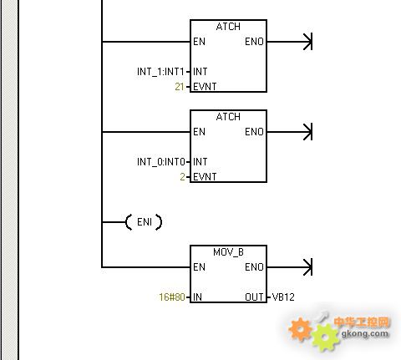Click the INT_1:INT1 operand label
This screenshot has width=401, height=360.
[x=160, y=72]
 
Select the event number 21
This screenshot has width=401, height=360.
[x=180, y=87]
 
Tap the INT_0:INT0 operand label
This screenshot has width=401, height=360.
[x=161, y=162]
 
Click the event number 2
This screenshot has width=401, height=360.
[x=182, y=177]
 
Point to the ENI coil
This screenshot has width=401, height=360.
[x=144, y=222]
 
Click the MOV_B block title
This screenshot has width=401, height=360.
[x=228, y=252]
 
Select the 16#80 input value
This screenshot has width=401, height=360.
[x=172, y=297]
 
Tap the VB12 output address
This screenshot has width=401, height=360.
[x=283, y=297]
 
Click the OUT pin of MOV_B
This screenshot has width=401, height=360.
[x=254, y=297]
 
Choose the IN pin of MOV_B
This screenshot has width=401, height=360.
[x=197, y=297]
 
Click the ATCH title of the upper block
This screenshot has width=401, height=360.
[x=228, y=27]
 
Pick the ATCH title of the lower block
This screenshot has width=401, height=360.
[x=228, y=117]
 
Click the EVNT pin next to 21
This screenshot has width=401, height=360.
[x=205, y=87]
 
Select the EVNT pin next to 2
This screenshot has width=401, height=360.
[x=205, y=177]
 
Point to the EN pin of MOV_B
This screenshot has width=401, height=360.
[x=199, y=267]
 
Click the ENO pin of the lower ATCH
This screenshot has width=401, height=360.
[x=254, y=132]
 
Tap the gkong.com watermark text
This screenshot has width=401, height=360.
[x=365, y=333]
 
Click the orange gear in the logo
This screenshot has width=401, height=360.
[x=300, y=329]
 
